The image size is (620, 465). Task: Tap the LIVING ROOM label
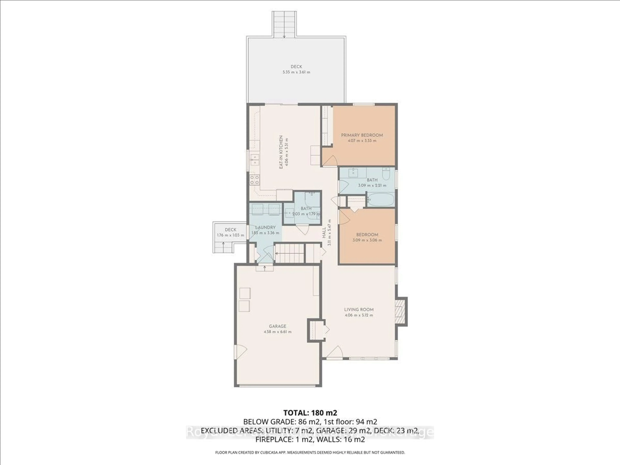click(x=359, y=310)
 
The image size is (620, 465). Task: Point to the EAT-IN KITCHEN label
click(x=281, y=152)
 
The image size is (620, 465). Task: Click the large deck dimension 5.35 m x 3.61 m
click(x=296, y=72)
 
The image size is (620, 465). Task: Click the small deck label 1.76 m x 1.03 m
click(x=230, y=235)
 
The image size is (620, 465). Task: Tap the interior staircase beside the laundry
click(x=289, y=253)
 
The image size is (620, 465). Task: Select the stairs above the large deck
click(x=284, y=24)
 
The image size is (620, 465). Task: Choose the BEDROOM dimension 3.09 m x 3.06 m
click(x=367, y=240)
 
